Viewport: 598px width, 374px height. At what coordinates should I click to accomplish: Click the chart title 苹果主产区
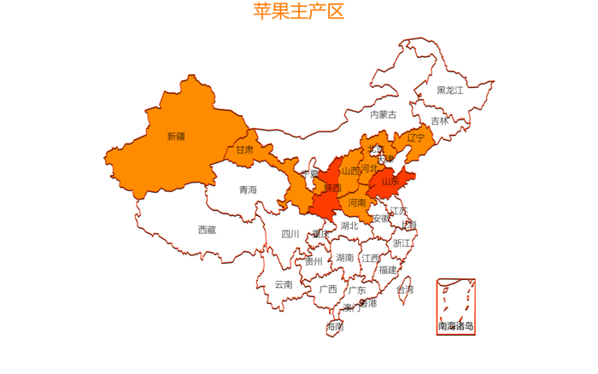pyautogui.click(x=298, y=11)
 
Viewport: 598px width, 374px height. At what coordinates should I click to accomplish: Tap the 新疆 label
pyautogui.click(x=176, y=136)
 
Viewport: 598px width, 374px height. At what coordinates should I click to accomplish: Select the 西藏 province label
pyautogui.click(x=207, y=230)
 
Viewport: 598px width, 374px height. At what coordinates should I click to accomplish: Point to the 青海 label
pyautogui.click(x=248, y=190)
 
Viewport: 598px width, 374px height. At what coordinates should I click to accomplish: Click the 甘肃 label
pyautogui.click(x=244, y=149)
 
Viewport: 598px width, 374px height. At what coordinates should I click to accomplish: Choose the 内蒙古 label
pyautogui.click(x=384, y=114)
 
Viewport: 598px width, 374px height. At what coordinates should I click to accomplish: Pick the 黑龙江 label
pyautogui.click(x=449, y=90)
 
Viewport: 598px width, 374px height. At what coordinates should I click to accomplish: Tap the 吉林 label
pyautogui.click(x=439, y=120)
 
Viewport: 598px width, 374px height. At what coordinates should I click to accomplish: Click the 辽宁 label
pyautogui.click(x=416, y=137)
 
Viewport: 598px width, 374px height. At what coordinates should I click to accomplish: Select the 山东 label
pyautogui.click(x=390, y=181)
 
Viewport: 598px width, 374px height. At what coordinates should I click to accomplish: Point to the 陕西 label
pyautogui.click(x=333, y=188)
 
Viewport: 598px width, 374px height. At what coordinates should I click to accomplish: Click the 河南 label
pyautogui.click(x=357, y=202)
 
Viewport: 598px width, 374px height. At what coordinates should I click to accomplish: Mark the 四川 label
pyautogui.click(x=290, y=234)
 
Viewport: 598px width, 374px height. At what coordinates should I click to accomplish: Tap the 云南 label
pyautogui.click(x=284, y=284)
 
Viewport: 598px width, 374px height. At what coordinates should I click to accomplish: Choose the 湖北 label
pyautogui.click(x=349, y=226)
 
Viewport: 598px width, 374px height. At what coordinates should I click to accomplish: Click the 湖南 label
pyautogui.click(x=345, y=257)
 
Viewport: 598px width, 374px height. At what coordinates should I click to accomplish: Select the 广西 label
pyautogui.click(x=328, y=289)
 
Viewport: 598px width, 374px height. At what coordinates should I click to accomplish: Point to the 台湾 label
pyautogui.click(x=405, y=289)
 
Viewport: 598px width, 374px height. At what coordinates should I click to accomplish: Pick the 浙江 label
pyautogui.click(x=402, y=243)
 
